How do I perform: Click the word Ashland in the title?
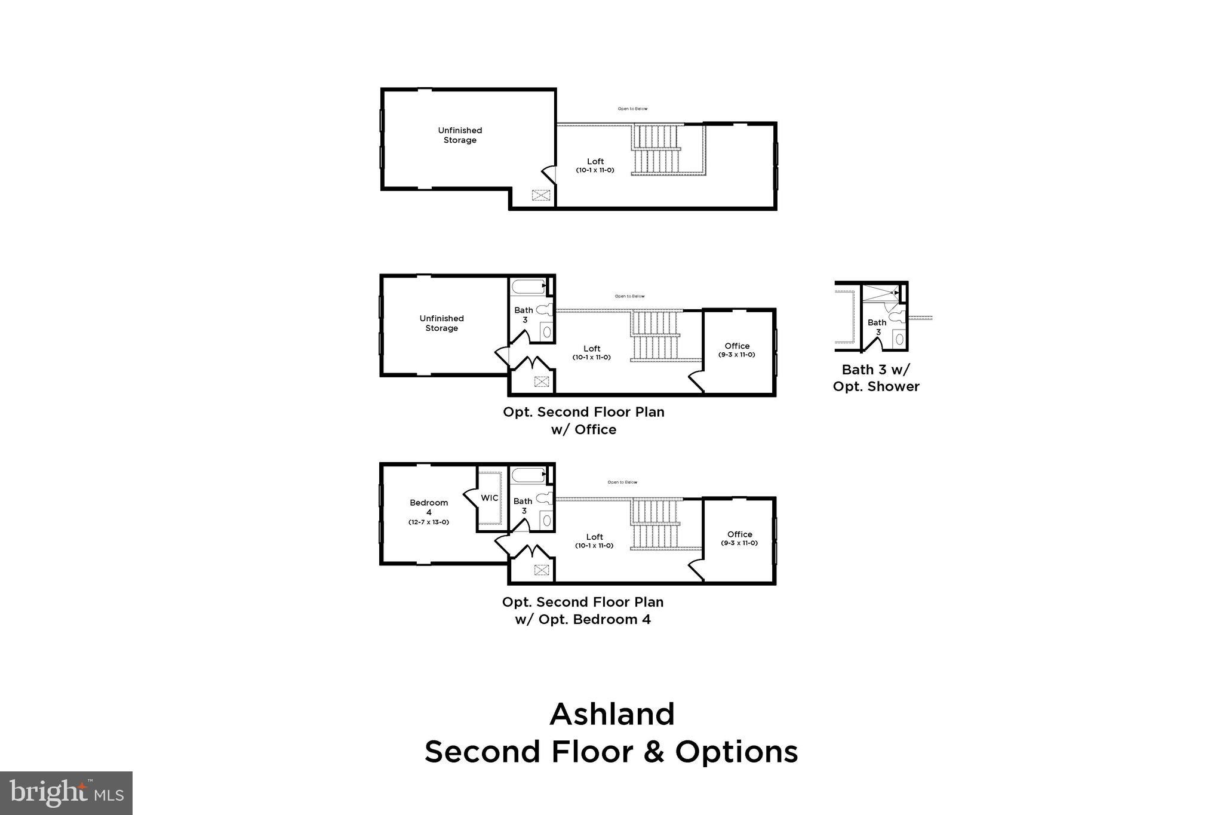point(611,714)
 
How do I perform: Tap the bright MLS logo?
point(66,793)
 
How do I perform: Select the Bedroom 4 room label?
point(429,507)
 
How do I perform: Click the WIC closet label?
point(490,498)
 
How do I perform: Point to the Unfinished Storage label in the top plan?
point(460,135)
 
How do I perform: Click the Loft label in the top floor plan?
point(595,162)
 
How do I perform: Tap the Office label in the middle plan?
point(737,346)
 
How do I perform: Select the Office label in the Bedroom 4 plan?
point(739,534)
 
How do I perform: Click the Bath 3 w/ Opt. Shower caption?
point(876,378)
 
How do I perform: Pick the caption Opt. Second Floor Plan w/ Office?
point(583,420)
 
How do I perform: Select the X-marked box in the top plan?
point(541,195)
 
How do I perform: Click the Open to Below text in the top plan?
point(632,109)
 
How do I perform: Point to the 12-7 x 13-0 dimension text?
point(429,522)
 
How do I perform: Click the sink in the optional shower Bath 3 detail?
point(899,339)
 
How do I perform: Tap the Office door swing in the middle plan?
point(696,380)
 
